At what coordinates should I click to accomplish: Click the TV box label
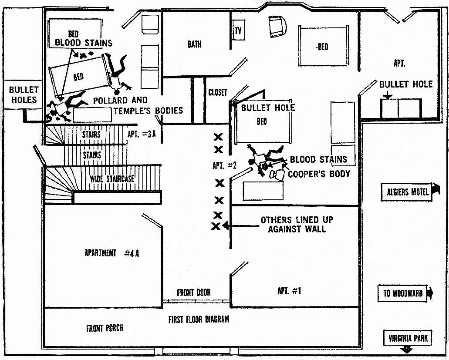(x=238, y=30)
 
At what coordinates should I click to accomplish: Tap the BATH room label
(x=194, y=44)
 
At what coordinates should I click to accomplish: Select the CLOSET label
(x=218, y=92)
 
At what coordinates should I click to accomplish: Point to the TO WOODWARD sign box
(x=402, y=293)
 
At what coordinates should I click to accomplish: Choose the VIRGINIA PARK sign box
(x=408, y=338)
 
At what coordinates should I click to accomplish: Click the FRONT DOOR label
(x=193, y=293)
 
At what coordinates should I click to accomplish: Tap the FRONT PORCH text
(x=105, y=328)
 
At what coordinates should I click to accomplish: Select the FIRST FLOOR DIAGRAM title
(x=199, y=320)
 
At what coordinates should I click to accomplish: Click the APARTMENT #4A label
(x=111, y=253)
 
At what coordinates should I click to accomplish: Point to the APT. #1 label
(x=289, y=291)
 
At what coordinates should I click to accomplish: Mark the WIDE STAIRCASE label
(x=112, y=179)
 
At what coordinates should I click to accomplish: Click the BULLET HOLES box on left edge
(x=23, y=95)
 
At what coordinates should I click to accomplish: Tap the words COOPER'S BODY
(x=319, y=174)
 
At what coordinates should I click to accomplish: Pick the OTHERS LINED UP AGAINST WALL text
(x=297, y=224)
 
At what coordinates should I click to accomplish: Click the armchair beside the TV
(x=277, y=26)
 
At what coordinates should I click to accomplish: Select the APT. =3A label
(x=142, y=134)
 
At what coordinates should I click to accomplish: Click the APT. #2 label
(x=225, y=165)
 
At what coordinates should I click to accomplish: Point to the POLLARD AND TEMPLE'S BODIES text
(x=138, y=105)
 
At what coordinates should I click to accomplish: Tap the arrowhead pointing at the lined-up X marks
(x=226, y=225)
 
